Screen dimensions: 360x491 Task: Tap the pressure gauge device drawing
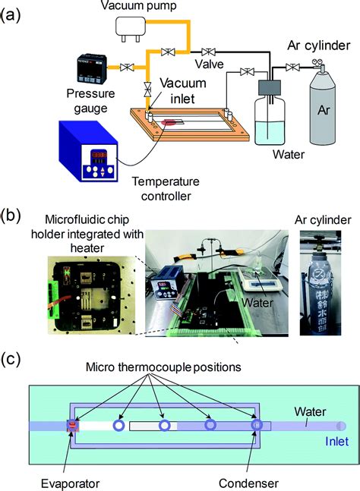[x=93, y=69]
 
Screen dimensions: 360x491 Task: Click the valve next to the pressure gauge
[x=127, y=67]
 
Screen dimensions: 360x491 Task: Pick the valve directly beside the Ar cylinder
[x=292, y=67]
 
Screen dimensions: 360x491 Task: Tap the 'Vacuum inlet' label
[x=183, y=91]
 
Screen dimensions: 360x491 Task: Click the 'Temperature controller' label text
[x=166, y=188]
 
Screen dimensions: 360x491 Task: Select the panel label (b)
[x=11, y=216]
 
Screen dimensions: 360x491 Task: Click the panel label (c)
[x=11, y=360]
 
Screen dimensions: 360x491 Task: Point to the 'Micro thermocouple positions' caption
[x=163, y=367]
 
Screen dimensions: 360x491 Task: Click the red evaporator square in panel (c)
[x=73, y=425]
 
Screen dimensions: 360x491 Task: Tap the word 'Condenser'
[x=248, y=483]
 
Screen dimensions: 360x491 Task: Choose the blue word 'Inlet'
[x=336, y=441]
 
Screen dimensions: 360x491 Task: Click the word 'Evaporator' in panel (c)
[x=71, y=483]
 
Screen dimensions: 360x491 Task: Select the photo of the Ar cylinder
[x=321, y=283]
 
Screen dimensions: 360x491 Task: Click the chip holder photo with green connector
[x=91, y=295]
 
